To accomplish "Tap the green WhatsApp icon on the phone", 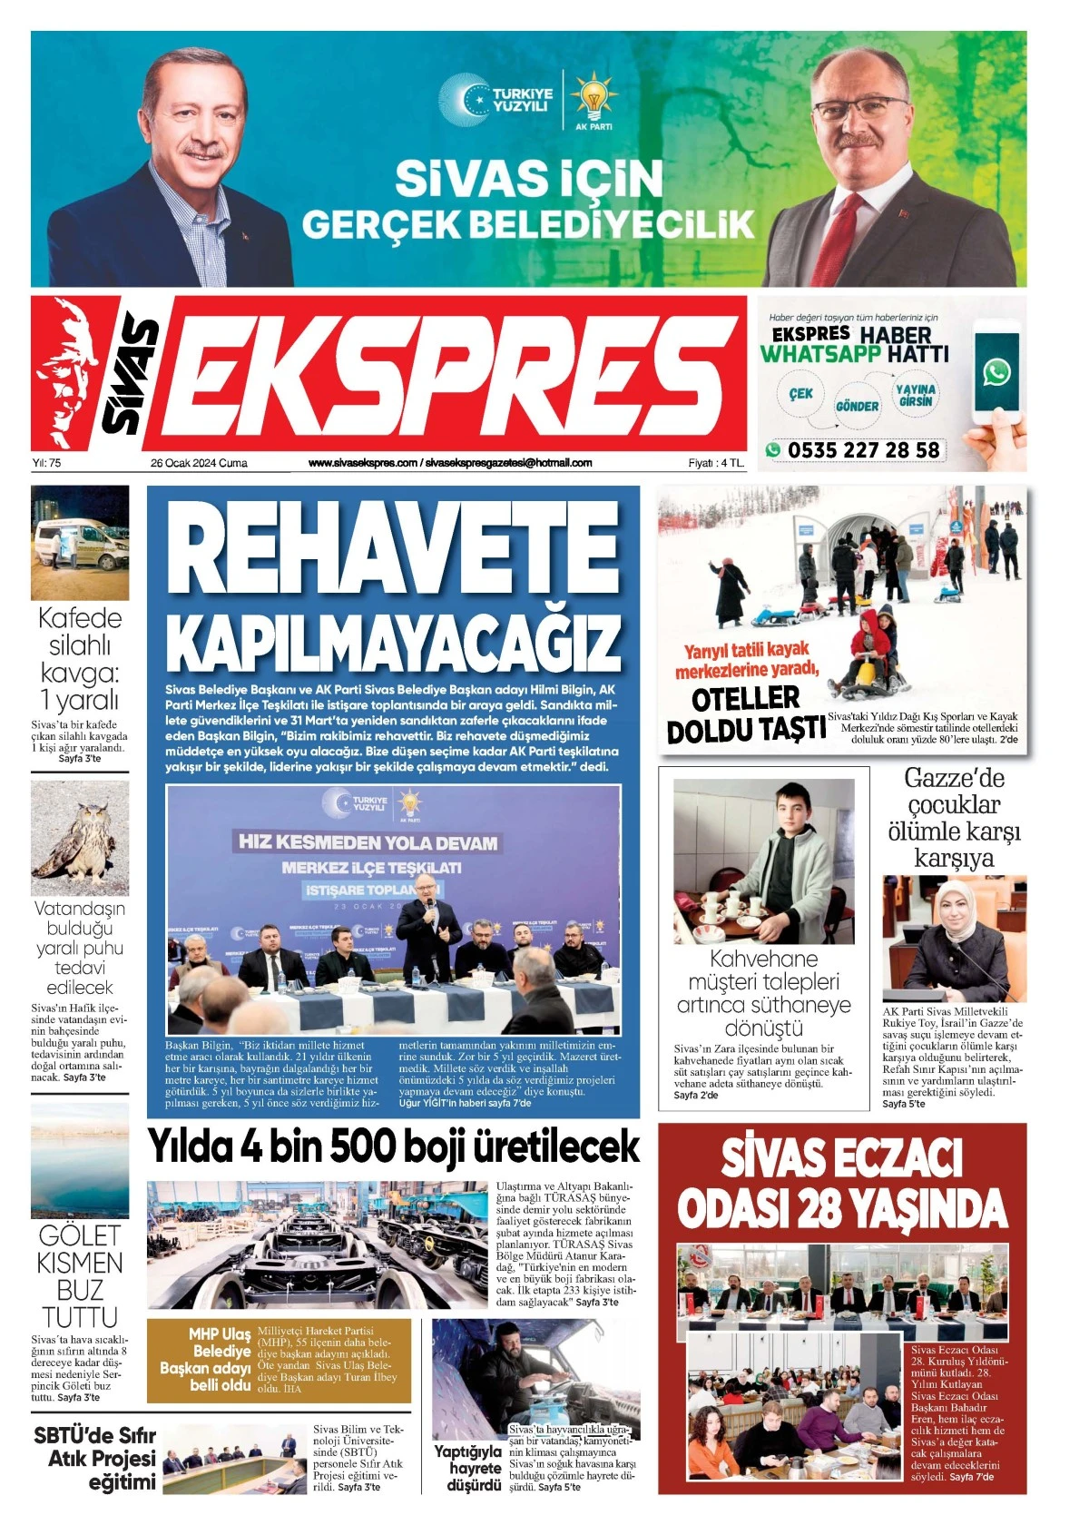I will coord(996,371).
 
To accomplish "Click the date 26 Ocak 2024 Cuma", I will coord(199,463).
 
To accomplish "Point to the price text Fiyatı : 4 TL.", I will coord(715,463).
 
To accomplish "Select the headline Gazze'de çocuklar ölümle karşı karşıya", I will coord(954,818).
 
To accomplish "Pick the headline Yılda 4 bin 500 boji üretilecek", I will coord(394,1146).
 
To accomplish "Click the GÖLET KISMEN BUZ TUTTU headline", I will coord(80,1275).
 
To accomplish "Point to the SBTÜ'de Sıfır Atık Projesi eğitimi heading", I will coord(96,1459).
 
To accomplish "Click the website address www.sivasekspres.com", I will coord(363,463).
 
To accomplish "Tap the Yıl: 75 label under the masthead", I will coord(46,463).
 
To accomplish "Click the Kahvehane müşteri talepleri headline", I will coord(763,993).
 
